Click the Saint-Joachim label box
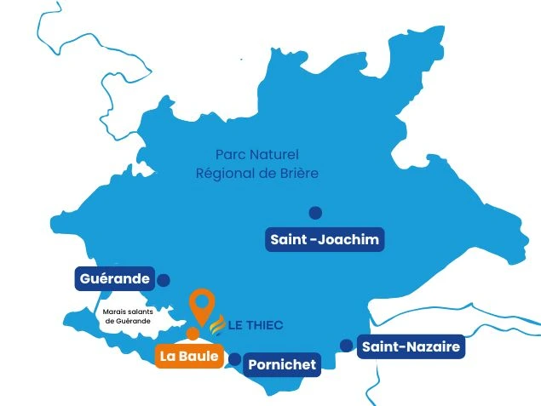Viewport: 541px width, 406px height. (x=324, y=240)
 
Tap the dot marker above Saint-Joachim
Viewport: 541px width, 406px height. (x=315, y=213)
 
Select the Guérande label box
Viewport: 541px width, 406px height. (x=113, y=279)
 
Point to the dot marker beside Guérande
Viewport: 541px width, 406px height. (x=164, y=279)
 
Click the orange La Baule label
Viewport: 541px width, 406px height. (x=189, y=357)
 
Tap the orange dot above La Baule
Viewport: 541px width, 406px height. (x=193, y=333)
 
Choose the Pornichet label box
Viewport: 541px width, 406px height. (x=282, y=365)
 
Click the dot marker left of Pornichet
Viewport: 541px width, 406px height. (x=234, y=359)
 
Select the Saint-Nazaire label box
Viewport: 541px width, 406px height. (x=411, y=346)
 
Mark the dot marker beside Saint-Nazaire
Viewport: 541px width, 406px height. (x=346, y=345)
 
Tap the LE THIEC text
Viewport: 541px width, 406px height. (x=256, y=325)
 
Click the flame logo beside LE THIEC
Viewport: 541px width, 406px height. (x=216, y=324)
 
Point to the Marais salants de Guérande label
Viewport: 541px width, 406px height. (x=127, y=317)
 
